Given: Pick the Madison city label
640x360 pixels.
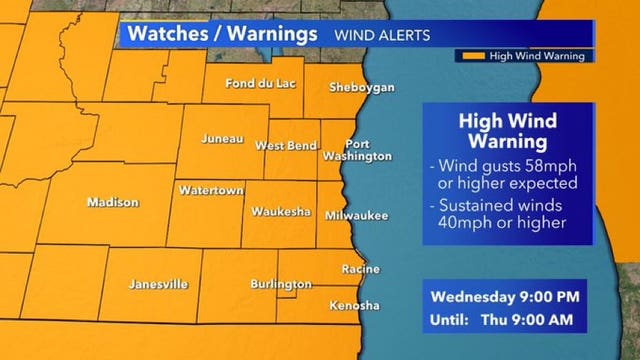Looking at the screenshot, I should tap(113, 202).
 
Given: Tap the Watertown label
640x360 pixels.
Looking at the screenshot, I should tap(205, 189).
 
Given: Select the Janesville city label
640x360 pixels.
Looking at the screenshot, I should tap(159, 284).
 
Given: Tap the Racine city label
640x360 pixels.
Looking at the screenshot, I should tap(359, 269).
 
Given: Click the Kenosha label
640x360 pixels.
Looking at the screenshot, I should tap(355, 304).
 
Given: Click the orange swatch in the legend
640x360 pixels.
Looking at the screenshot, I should tap(473, 56).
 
